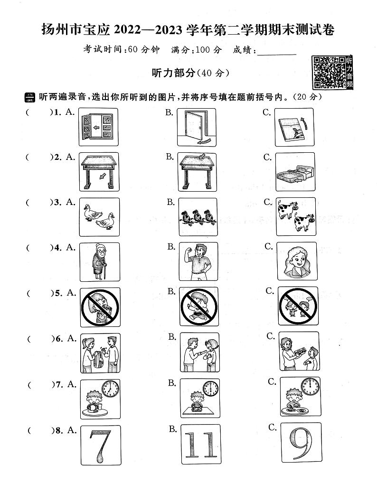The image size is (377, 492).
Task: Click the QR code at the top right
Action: click(x=328, y=72)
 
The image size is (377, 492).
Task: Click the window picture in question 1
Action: click(x=98, y=127)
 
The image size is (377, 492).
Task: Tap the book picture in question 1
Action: click(x=294, y=127)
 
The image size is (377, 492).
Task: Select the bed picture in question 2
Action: click(x=294, y=172)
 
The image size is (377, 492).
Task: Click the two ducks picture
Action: click(x=99, y=217)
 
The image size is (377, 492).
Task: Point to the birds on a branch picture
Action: click(x=197, y=217)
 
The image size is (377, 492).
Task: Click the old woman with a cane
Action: click(x=99, y=262)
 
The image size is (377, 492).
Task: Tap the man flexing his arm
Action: click(x=198, y=261)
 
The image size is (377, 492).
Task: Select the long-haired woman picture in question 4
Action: click(x=296, y=261)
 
